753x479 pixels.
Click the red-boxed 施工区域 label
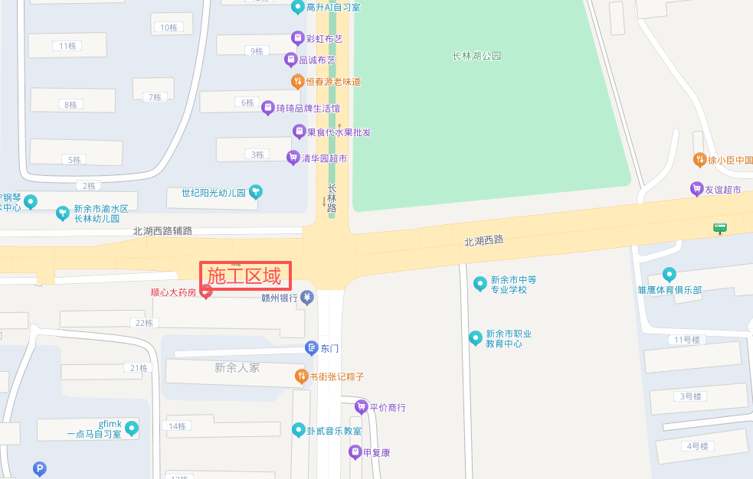[245, 275]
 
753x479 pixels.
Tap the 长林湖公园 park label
[476, 56]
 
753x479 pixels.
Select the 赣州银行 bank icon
[307, 298]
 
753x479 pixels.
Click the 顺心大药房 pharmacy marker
[206, 292]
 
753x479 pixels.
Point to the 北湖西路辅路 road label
[162, 230]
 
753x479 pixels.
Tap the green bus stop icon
[719, 227]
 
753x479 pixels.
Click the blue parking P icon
[39, 469]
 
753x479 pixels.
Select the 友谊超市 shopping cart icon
[696, 189]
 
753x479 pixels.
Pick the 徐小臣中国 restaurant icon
[699, 160]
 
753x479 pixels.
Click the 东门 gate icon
[311, 348]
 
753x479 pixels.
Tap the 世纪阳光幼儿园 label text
[214, 193]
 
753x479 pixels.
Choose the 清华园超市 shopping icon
[293, 158]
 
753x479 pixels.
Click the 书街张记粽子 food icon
[301, 376]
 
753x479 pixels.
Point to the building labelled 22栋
[144, 323]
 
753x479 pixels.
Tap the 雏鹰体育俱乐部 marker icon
[670, 275]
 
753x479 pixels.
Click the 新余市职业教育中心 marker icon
[476, 337]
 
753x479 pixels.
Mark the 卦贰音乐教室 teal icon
[299, 430]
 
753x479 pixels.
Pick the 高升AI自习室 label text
[332, 8]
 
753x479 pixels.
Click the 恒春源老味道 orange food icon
[297, 81]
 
